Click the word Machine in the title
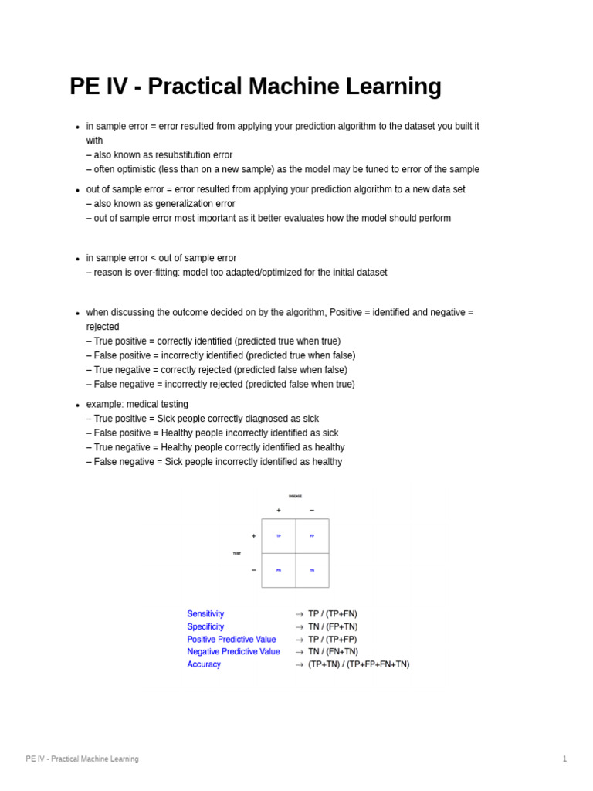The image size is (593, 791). click(x=298, y=87)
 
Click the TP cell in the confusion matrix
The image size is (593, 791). click(x=279, y=535)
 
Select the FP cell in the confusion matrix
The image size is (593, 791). click(x=312, y=535)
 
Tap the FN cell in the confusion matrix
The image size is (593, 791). click(x=279, y=570)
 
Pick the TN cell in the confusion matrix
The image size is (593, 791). click(x=312, y=570)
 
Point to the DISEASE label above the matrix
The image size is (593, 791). click(x=295, y=496)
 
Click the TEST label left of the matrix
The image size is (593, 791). click(x=237, y=553)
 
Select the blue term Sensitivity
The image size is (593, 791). click(x=205, y=614)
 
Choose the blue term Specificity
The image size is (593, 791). click(x=205, y=626)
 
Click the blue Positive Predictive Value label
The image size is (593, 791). click(x=232, y=640)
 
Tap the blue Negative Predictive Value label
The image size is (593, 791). click(x=233, y=652)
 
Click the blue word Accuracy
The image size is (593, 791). click(x=204, y=664)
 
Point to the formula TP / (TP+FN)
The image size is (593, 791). click(x=333, y=614)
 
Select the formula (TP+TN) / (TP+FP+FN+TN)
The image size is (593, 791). click(x=359, y=664)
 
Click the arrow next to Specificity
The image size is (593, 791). click(x=300, y=626)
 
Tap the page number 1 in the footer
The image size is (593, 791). click(x=564, y=759)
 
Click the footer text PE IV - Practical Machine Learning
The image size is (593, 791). click(x=82, y=759)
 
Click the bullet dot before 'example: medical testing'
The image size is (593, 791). click(x=77, y=406)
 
